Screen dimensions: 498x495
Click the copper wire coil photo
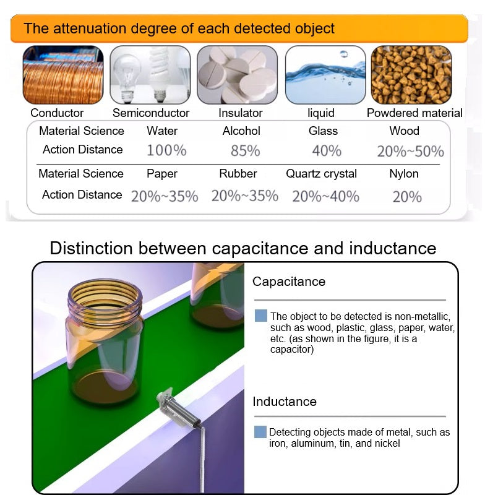tap(63, 75)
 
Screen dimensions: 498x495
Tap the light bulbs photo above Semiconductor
tap(150, 75)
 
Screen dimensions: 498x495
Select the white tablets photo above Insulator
tap(238, 75)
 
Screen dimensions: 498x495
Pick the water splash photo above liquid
tap(325, 75)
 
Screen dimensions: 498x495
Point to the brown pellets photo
tap(411, 75)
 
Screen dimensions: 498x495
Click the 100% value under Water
tap(167, 150)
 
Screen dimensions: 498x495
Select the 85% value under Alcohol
tap(245, 151)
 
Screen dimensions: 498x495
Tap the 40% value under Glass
tap(327, 151)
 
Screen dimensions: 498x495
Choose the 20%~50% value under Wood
tap(410, 152)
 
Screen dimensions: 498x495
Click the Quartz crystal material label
tap(322, 174)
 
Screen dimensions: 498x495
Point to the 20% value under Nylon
tap(407, 197)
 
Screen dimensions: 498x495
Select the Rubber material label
tap(238, 174)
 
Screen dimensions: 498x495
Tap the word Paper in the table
tap(162, 174)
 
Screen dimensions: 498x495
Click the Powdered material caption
tap(414, 113)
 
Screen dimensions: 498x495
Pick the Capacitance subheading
tap(289, 282)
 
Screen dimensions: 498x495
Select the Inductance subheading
tap(285, 402)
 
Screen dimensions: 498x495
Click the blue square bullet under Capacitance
tap(260, 316)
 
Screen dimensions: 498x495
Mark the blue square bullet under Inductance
tap(260, 432)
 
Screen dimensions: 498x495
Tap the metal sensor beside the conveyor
tap(179, 409)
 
